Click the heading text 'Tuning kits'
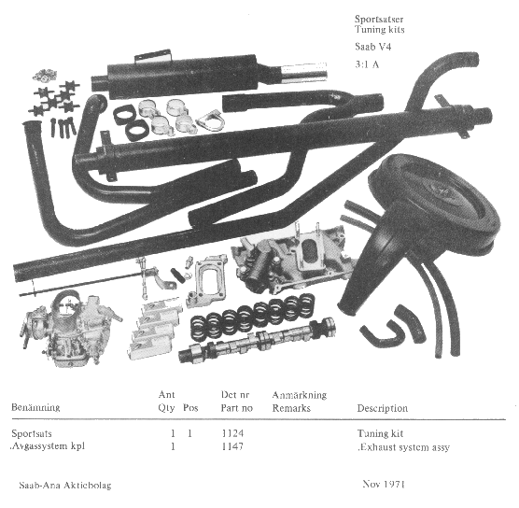pyautogui.click(x=380, y=30)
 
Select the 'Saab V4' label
pyautogui.click(x=373, y=47)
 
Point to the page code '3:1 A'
pyautogui.click(x=367, y=64)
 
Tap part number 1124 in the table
pyautogui.click(x=232, y=433)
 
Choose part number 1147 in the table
pyautogui.click(x=232, y=446)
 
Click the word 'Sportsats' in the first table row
pyautogui.click(x=32, y=433)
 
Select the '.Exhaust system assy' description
pyautogui.click(x=403, y=447)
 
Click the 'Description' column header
pyautogui.click(x=383, y=408)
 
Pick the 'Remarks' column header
pyautogui.click(x=291, y=408)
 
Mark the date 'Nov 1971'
pyautogui.click(x=384, y=484)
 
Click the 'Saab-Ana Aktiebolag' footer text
pyautogui.click(x=65, y=486)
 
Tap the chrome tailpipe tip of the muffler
pyautogui.click(x=304, y=71)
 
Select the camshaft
pyautogui.click(x=257, y=341)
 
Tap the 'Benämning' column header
pyautogui.click(x=35, y=407)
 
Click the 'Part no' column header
pyautogui.click(x=237, y=408)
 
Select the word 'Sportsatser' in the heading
pyautogui.click(x=379, y=19)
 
